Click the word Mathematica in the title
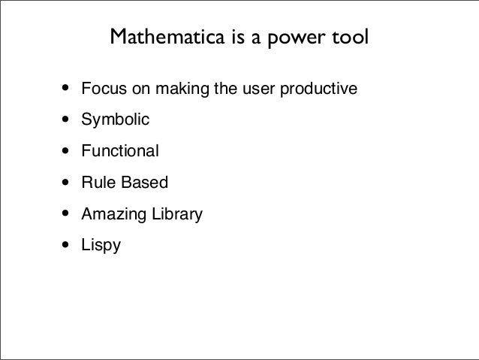167,36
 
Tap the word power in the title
296,38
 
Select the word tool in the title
350,36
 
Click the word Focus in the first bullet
104,89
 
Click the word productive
318,89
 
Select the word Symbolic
116,119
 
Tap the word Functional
120,150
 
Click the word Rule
99,182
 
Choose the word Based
145,182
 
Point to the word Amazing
113,214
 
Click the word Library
177,214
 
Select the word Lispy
101,245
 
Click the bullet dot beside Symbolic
65,119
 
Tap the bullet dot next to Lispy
65,245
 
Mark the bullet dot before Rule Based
65,182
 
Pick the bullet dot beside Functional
65,150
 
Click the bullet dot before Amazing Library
65,213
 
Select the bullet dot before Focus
65,88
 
